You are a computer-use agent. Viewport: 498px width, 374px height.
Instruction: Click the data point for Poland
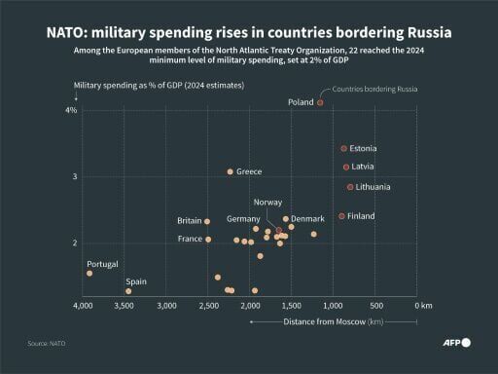point(320,102)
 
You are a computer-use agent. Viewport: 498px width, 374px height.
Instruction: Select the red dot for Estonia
point(343,148)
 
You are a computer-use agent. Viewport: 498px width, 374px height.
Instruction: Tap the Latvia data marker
point(345,167)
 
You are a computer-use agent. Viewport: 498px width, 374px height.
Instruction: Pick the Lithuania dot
point(350,187)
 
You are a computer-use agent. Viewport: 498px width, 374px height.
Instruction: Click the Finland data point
point(341,216)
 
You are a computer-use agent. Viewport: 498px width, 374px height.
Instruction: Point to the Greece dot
point(231,171)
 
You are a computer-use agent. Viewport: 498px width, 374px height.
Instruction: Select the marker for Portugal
point(89,274)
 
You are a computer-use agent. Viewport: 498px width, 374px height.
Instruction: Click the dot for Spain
point(128,291)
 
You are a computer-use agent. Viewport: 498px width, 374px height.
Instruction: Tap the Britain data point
point(207,221)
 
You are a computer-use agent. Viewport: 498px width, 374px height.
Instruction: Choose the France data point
point(208,240)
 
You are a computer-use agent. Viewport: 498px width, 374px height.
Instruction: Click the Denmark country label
point(308,219)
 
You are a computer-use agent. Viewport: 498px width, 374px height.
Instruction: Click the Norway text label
point(267,202)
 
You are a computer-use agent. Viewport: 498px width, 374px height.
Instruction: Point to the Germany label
point(243,219)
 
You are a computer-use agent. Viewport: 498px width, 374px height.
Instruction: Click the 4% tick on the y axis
point(71,110)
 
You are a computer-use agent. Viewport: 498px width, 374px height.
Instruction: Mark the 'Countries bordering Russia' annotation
point(374,90)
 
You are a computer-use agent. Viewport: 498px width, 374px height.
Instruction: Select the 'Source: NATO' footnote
point(47,344)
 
